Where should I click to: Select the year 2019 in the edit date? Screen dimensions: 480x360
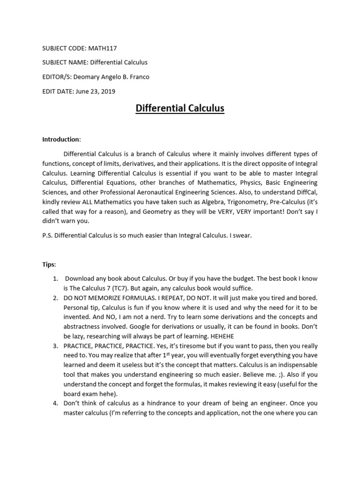coord(107,91)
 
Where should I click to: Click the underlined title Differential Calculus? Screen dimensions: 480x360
coord(180,109)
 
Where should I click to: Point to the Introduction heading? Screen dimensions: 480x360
coord(61,139)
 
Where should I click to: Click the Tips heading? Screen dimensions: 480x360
coord(49,265)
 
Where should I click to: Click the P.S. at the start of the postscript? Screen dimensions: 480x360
coord(47,236)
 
